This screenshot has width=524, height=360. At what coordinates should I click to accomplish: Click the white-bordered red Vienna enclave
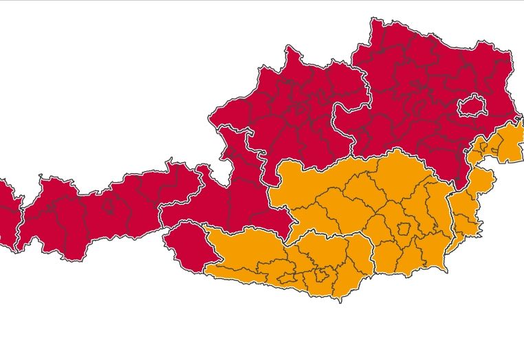click(472, 106)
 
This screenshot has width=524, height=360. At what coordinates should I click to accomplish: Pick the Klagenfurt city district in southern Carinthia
click(320, 277)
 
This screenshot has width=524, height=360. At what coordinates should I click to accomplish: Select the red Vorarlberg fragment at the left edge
click(7, 213)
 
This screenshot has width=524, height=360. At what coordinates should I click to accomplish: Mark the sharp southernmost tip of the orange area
click(339, 302)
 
